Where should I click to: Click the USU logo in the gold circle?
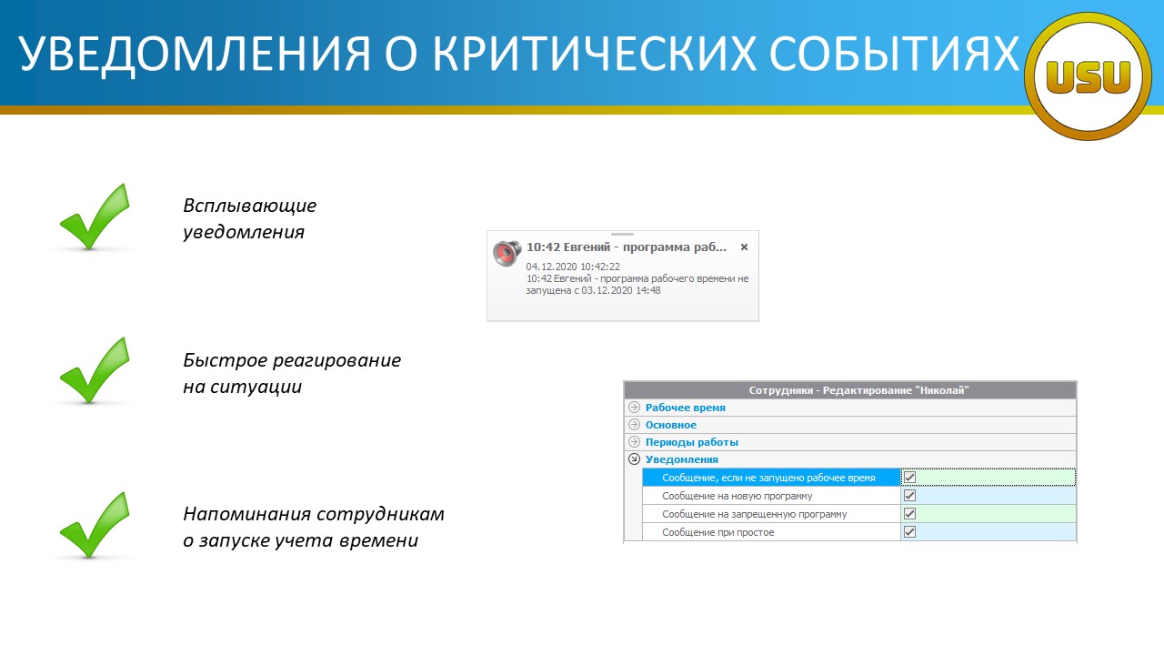(1088, 77)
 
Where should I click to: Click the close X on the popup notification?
(744, 247)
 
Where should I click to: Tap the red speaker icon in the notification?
(507, 253)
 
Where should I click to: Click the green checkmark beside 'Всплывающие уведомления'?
(95, 217)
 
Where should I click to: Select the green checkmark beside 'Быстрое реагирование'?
(95, 370)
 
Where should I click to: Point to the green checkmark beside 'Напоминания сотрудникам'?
(95, 525)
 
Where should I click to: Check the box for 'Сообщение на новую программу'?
(909, 496)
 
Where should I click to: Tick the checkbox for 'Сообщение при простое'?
(909, 532)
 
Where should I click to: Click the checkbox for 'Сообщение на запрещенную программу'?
(909, 514)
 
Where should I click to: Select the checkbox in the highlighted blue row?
(909, 478)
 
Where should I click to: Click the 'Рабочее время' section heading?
(686, 408)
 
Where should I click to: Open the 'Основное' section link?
(671, 425)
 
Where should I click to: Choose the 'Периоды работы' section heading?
(692, 442)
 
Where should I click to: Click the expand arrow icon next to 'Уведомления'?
(634, 459)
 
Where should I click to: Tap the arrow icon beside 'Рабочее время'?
(634, 407)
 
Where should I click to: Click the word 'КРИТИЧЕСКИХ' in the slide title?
(594, 53)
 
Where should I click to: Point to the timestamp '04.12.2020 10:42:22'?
(573, 267)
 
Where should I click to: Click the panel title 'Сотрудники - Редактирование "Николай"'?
(859, 390)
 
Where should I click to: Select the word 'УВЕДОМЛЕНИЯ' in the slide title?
(195, 54)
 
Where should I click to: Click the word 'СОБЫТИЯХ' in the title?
(894, 53)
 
